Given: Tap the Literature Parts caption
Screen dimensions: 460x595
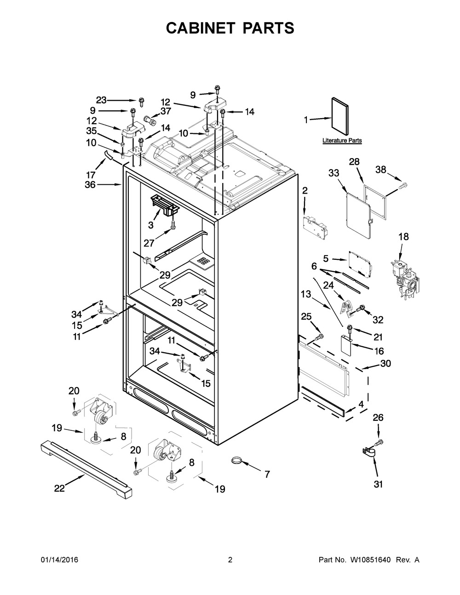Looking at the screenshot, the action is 342,140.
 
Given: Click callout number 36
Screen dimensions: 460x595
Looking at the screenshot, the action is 90,185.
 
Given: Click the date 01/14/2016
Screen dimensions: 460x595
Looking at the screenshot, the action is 60,567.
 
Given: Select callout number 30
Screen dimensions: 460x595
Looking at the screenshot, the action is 385,364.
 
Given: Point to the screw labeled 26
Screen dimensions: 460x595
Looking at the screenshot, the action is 379,442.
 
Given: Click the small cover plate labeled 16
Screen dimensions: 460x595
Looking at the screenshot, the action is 346,345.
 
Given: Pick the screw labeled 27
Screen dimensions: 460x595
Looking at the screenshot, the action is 173,224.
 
